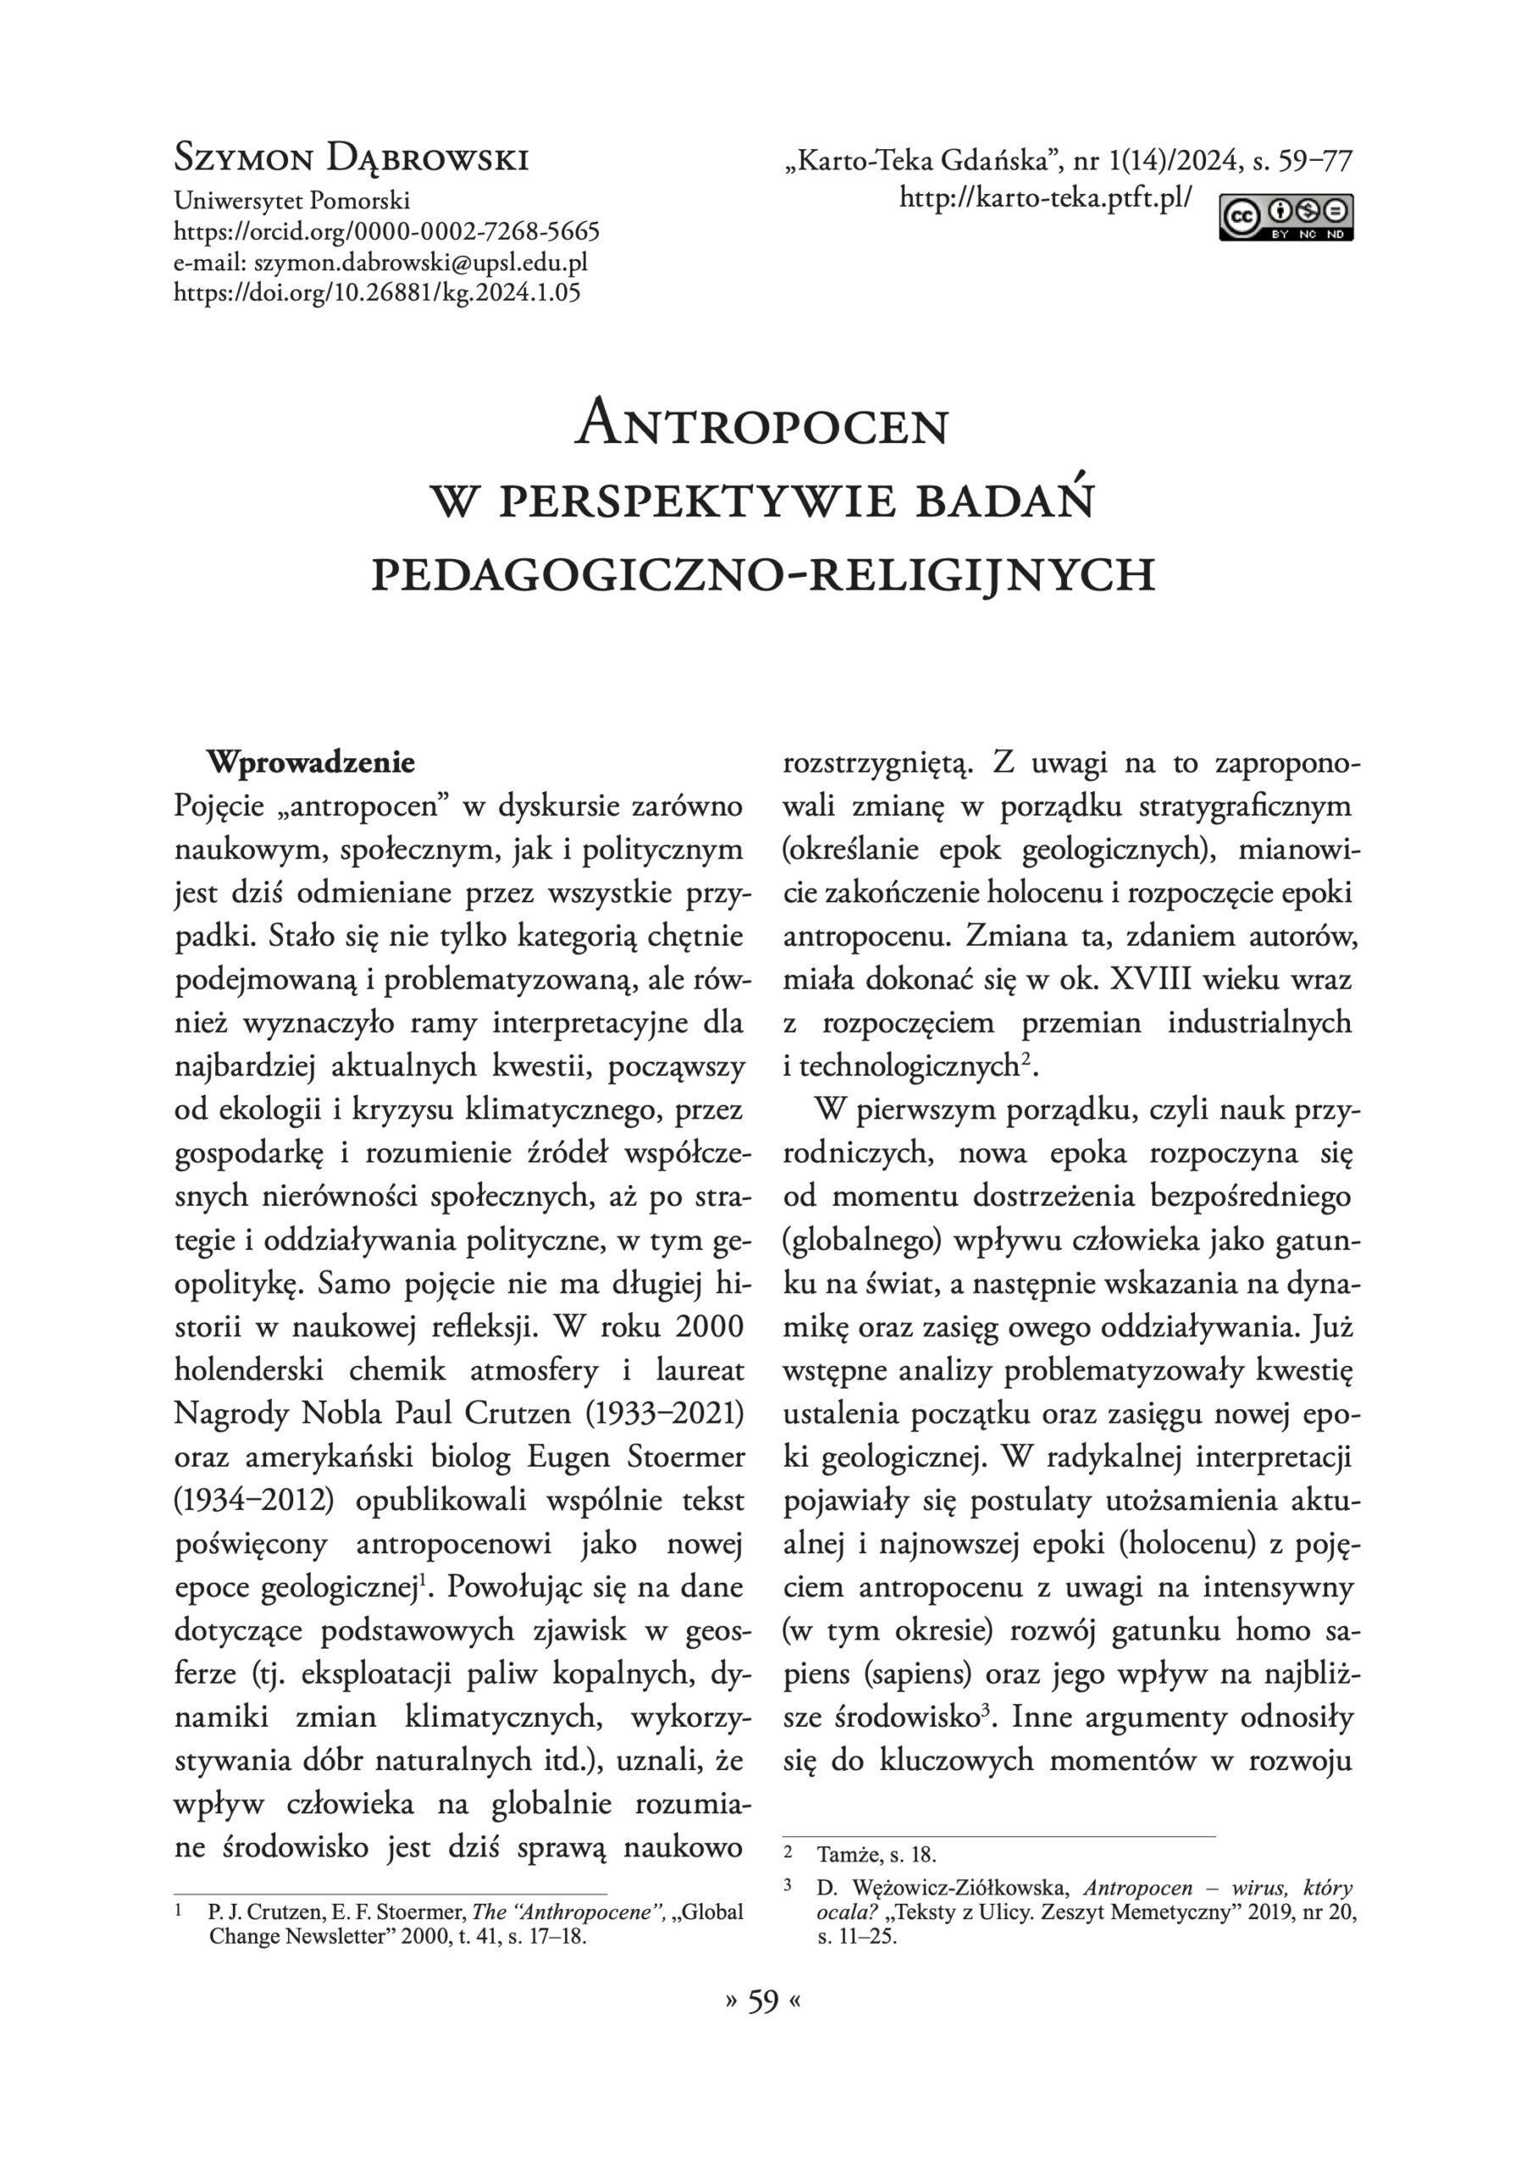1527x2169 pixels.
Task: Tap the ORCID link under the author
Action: point(386,231)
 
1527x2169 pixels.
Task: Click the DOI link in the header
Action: point(377,292)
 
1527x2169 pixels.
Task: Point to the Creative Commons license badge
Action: point(1286,216)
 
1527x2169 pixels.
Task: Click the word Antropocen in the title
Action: point(762,426)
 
